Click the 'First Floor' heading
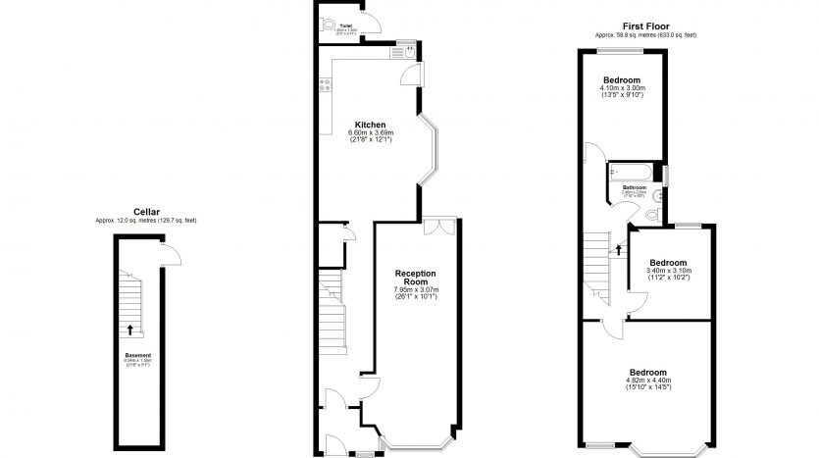click(x=639, y=26)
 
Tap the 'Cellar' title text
click(x=146, y=212)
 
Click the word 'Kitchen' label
click(x=370, y=125)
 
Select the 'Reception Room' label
click(x=416, y=277)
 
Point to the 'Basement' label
click(x=137, y=354)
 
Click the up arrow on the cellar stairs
click(x=129, y=330)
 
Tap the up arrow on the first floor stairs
click(x=618, y=250)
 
